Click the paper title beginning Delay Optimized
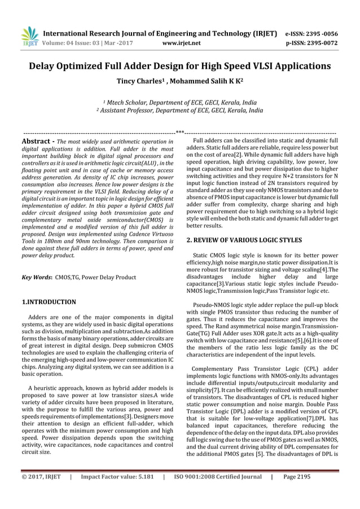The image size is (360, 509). pyautogui.click(x=180, y=65)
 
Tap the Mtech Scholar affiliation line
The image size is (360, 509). pyautogui.click(x=179, y=103)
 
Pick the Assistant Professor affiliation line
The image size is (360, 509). pyautogui.click(x=179, y=111)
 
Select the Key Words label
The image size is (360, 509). pyautogui.click(x=36, y=278)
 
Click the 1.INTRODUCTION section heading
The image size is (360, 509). pyautogui.click(x=48, y=302)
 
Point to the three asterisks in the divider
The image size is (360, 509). pyautogui.click(x=180, y=131)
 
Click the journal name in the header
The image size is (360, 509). pyautogui.click(x=160, y=32)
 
